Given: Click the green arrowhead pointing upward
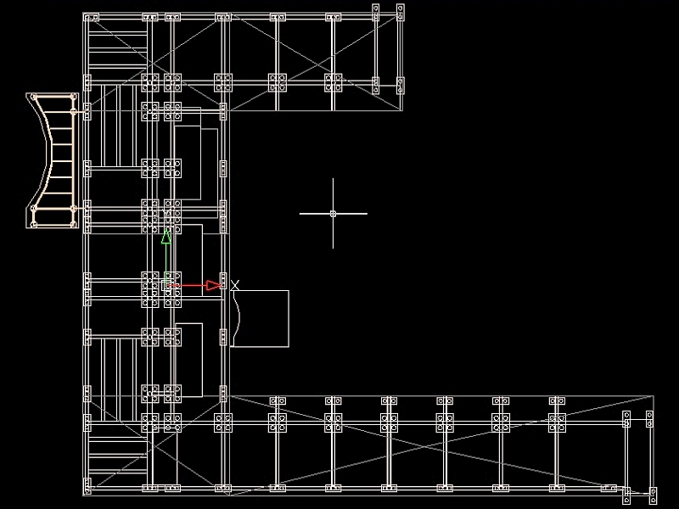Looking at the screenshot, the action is (166, 237).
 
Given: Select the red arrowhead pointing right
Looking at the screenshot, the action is (213, 286).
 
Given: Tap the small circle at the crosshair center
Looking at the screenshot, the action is (333, 213).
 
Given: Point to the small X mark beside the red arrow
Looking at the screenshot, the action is (235, 284).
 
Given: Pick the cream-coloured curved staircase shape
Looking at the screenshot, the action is (53, 160).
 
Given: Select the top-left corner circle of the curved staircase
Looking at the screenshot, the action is (34, 98).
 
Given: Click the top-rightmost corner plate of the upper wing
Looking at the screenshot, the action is (401, 11).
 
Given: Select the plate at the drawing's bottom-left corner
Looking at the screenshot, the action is (87, 486).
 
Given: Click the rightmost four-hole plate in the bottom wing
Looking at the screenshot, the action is (557, 422).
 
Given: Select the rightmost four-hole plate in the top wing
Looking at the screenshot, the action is (333, 81).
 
